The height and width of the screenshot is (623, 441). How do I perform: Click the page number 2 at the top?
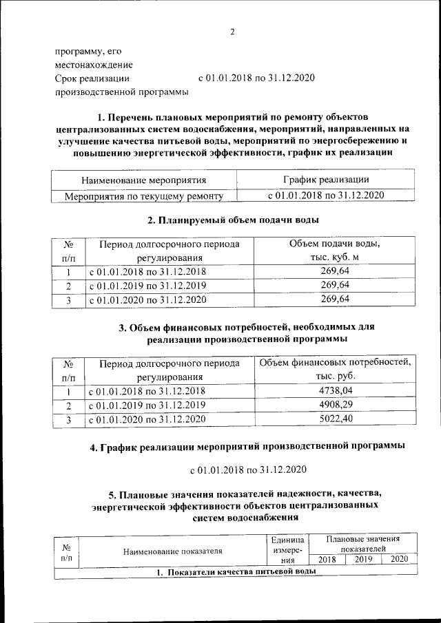[232, 32]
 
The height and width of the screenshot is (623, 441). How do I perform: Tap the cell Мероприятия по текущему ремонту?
[144, 196]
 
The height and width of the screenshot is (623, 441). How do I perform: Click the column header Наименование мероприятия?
[144, 180]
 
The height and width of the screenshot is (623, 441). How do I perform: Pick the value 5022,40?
[336, 418]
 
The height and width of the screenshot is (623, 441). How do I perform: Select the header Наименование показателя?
[173, 551]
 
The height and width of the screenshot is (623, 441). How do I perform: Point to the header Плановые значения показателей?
[363, 542]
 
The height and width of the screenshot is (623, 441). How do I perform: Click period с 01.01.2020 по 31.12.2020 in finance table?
[147, 418]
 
